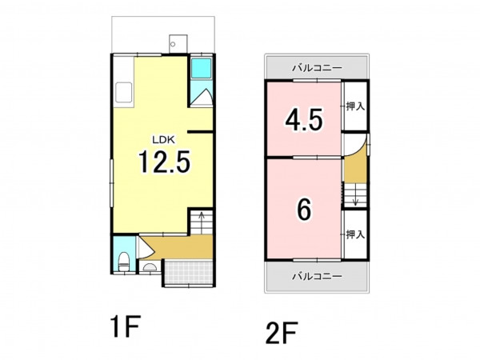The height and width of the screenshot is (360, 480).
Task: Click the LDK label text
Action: [163, 140]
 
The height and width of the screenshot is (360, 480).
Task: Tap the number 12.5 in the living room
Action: [164, 162]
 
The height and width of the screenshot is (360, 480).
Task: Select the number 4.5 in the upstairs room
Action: [304, 120]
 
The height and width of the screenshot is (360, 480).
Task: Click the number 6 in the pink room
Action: [304, 210]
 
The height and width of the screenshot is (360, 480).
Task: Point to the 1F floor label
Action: [126, 326]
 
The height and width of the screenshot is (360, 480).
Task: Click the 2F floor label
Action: [282, 333]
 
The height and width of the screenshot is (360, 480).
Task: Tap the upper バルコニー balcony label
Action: [317, 68]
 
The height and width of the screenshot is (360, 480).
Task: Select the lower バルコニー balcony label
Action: [317, 277]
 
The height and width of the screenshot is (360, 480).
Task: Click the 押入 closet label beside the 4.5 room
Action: [355, 106]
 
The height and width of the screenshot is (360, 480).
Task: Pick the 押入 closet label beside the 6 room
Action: [355, 234]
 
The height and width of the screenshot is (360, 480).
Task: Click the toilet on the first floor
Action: [124, 261]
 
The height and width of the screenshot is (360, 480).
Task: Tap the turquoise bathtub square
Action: [201, 68]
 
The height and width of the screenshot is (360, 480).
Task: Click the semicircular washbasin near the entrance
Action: [150, 267]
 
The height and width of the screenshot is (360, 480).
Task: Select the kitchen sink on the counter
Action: [124, 93]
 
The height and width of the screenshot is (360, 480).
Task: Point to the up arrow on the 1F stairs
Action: [202, 219]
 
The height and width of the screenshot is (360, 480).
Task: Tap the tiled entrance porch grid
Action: [188, 273]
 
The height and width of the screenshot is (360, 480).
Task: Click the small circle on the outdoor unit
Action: [173, 44]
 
